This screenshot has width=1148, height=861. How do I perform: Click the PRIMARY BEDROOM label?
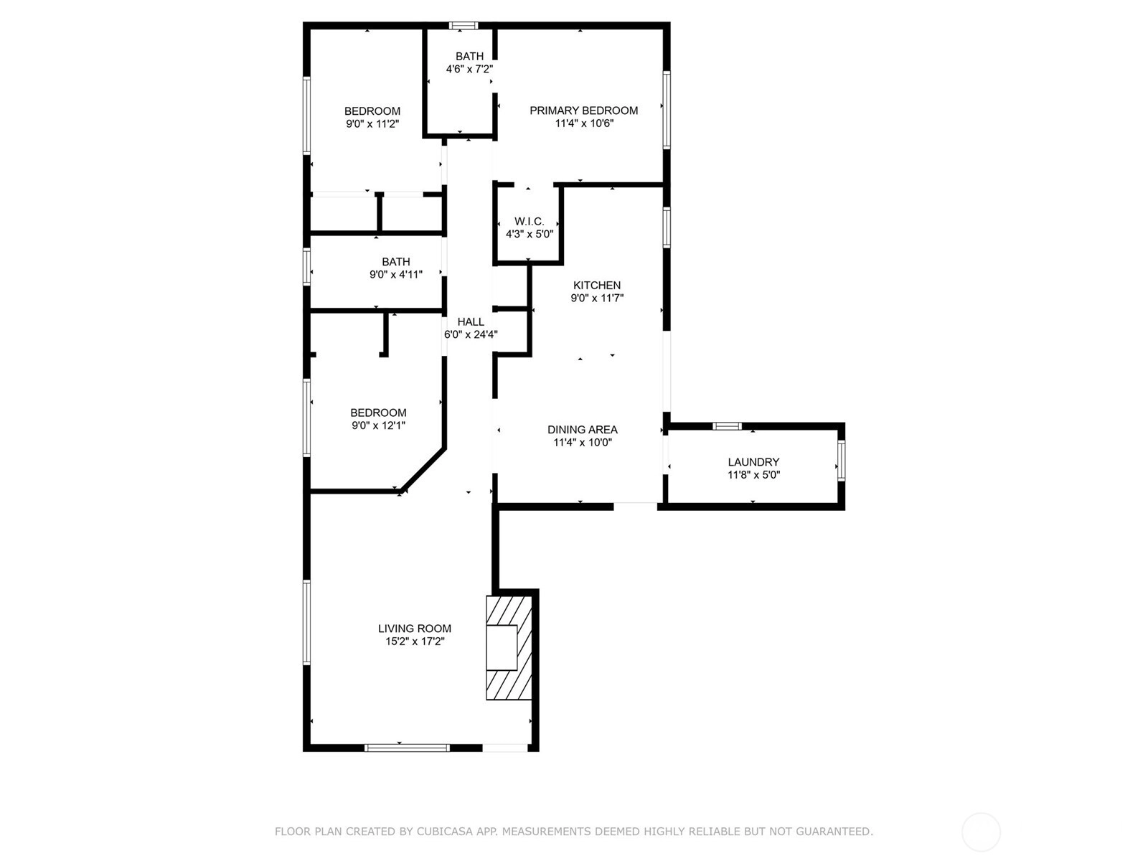(583, 110)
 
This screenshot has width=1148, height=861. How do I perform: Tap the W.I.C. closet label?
(529, 222)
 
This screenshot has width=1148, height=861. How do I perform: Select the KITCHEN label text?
(597, 286)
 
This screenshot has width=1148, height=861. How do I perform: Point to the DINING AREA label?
(582, 430)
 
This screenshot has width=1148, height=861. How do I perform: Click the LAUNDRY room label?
(753, 462)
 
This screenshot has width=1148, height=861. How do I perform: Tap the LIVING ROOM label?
(414, 629)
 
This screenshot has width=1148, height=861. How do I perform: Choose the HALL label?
(471, 322)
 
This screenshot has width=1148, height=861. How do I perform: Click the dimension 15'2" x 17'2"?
(415, 641)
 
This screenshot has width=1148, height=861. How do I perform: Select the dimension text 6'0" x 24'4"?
(471, 334)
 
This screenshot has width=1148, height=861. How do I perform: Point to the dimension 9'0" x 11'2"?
(372, 124)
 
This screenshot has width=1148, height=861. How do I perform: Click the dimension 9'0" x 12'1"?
(378, 425)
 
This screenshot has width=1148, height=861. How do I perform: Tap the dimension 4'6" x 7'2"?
(469, 68)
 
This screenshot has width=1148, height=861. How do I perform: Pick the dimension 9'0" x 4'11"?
(396, 275)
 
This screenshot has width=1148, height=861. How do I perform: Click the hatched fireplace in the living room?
(509, 648)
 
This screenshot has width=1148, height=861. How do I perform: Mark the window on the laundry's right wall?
(841, 461)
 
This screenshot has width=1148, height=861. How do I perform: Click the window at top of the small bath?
(464, 25)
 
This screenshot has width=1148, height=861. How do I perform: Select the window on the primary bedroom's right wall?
(667, 110)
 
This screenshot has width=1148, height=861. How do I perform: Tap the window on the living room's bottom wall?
(407, 748)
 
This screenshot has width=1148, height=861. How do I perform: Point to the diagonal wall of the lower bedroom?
(423, 469)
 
